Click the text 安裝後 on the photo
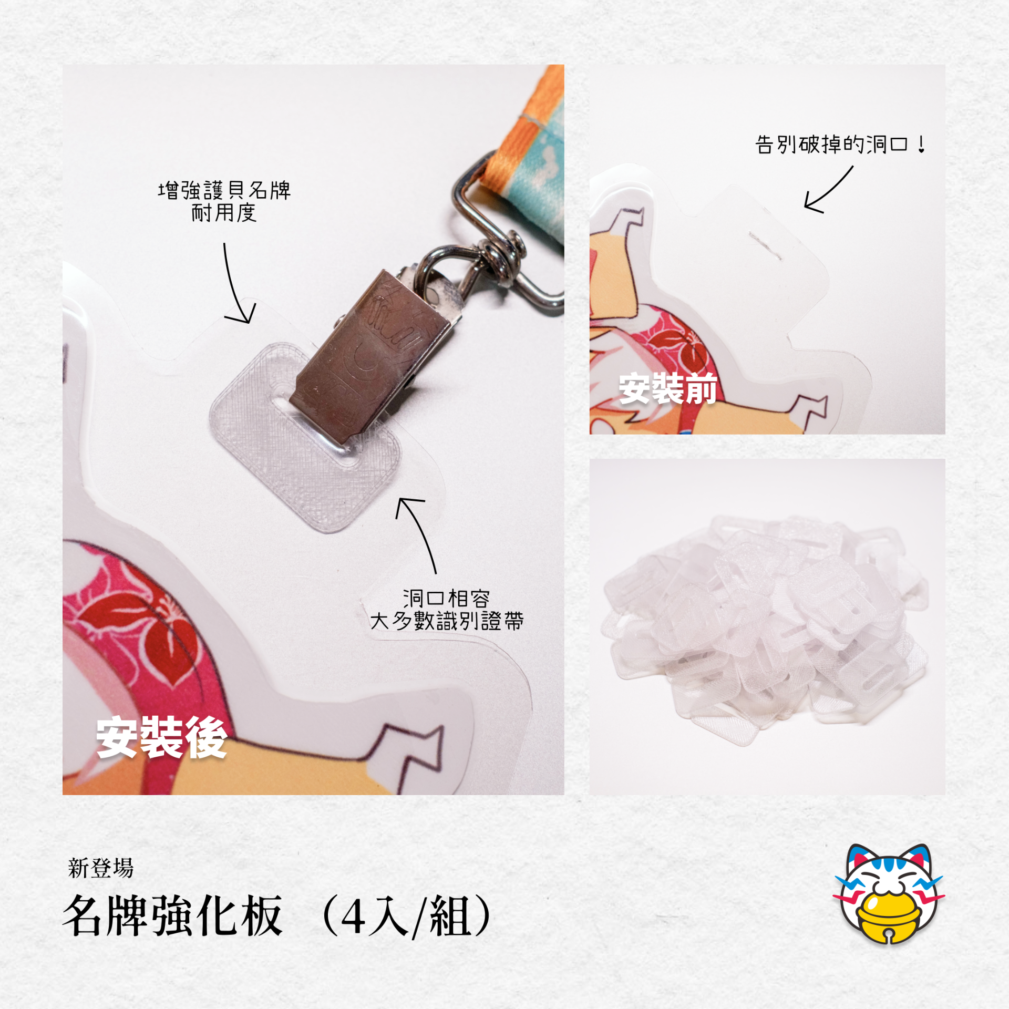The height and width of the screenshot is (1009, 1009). click(161, 737)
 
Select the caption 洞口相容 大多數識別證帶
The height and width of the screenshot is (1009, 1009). click(447, 610)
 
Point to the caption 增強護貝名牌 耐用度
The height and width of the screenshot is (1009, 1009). click(224, 201)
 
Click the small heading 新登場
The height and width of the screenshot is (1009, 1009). click(101, 868)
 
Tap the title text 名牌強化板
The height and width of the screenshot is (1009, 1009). click(173, 916)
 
